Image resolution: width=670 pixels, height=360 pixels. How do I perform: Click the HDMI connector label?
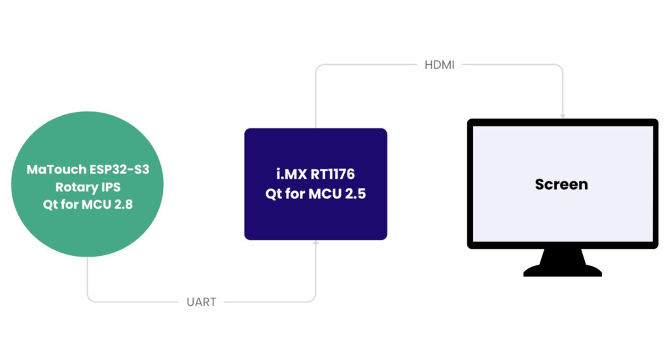pos(440,65)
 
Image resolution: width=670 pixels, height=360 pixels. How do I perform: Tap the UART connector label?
pos(201,302)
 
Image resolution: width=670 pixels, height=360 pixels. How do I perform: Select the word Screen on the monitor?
pos(561,185)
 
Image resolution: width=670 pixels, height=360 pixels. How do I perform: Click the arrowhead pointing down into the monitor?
pos(563,115)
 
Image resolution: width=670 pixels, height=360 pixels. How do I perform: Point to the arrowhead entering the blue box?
pos(316,243)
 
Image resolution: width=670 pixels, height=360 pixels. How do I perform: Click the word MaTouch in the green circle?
pos(54,170)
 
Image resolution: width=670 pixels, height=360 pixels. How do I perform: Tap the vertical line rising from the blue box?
pos(316,98)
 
